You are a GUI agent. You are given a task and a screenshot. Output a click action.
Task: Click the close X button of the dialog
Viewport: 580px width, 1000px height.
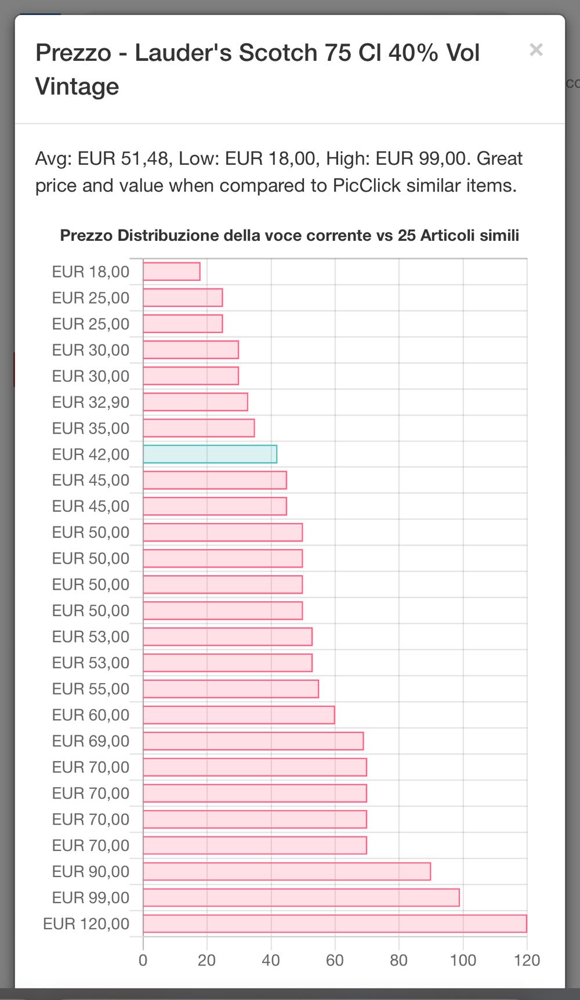click(x=536, y=50)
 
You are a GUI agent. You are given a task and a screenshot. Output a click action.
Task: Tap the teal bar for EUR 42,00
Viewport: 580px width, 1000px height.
click(x=210, y=454)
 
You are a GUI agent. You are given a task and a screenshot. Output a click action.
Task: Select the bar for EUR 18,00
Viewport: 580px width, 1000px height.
click(x=172, y=272)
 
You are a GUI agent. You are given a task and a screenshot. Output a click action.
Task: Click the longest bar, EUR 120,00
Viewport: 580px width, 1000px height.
click(x=335, y=923)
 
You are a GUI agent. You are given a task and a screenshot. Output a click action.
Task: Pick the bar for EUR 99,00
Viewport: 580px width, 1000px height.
click(x=301, y=897)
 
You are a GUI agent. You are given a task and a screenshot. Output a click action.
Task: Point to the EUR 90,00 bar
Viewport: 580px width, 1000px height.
click(x=287, y=871)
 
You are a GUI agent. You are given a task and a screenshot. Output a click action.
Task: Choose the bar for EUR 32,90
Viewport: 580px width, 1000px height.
click(x=195, y=402)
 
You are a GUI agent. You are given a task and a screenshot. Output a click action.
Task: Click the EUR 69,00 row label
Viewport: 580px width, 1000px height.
click(x=90, y=741)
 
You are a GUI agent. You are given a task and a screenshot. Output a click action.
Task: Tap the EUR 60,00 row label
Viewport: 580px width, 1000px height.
click(x=90, y=715)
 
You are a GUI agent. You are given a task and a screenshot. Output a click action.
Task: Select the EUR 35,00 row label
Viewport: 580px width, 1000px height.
click(x=90, y=428)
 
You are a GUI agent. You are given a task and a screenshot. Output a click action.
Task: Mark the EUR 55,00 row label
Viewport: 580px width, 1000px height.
click(x=90, y=689)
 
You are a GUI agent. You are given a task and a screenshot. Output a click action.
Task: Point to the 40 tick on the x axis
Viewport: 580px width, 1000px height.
click(x=271, y=961)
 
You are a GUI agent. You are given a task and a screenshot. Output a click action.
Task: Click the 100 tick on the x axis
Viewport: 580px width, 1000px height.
click(x=463, y=961)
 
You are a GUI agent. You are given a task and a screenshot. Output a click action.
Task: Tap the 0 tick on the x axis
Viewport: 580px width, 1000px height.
click(x=143, y=961)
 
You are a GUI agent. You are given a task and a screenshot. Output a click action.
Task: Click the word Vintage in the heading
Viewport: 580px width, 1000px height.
click(x=77, y=87)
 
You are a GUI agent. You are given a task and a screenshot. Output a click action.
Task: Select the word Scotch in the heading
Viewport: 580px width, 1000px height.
click(x=278, y=53)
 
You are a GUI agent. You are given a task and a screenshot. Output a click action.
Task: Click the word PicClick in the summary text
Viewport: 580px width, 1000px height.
click(x=367, y=186)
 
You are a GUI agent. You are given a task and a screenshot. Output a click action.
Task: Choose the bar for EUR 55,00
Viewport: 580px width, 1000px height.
click(x=231, y=689)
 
